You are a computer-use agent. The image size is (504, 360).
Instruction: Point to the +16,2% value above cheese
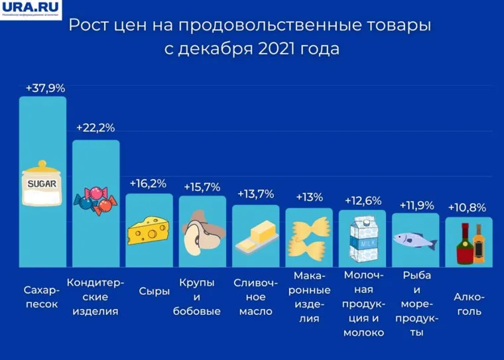coord(148,183)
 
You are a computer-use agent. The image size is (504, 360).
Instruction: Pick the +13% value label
coord(309,197)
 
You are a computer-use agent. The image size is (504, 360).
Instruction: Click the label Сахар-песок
coord(42,298)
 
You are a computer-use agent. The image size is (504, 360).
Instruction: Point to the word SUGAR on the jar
coord(42,183)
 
